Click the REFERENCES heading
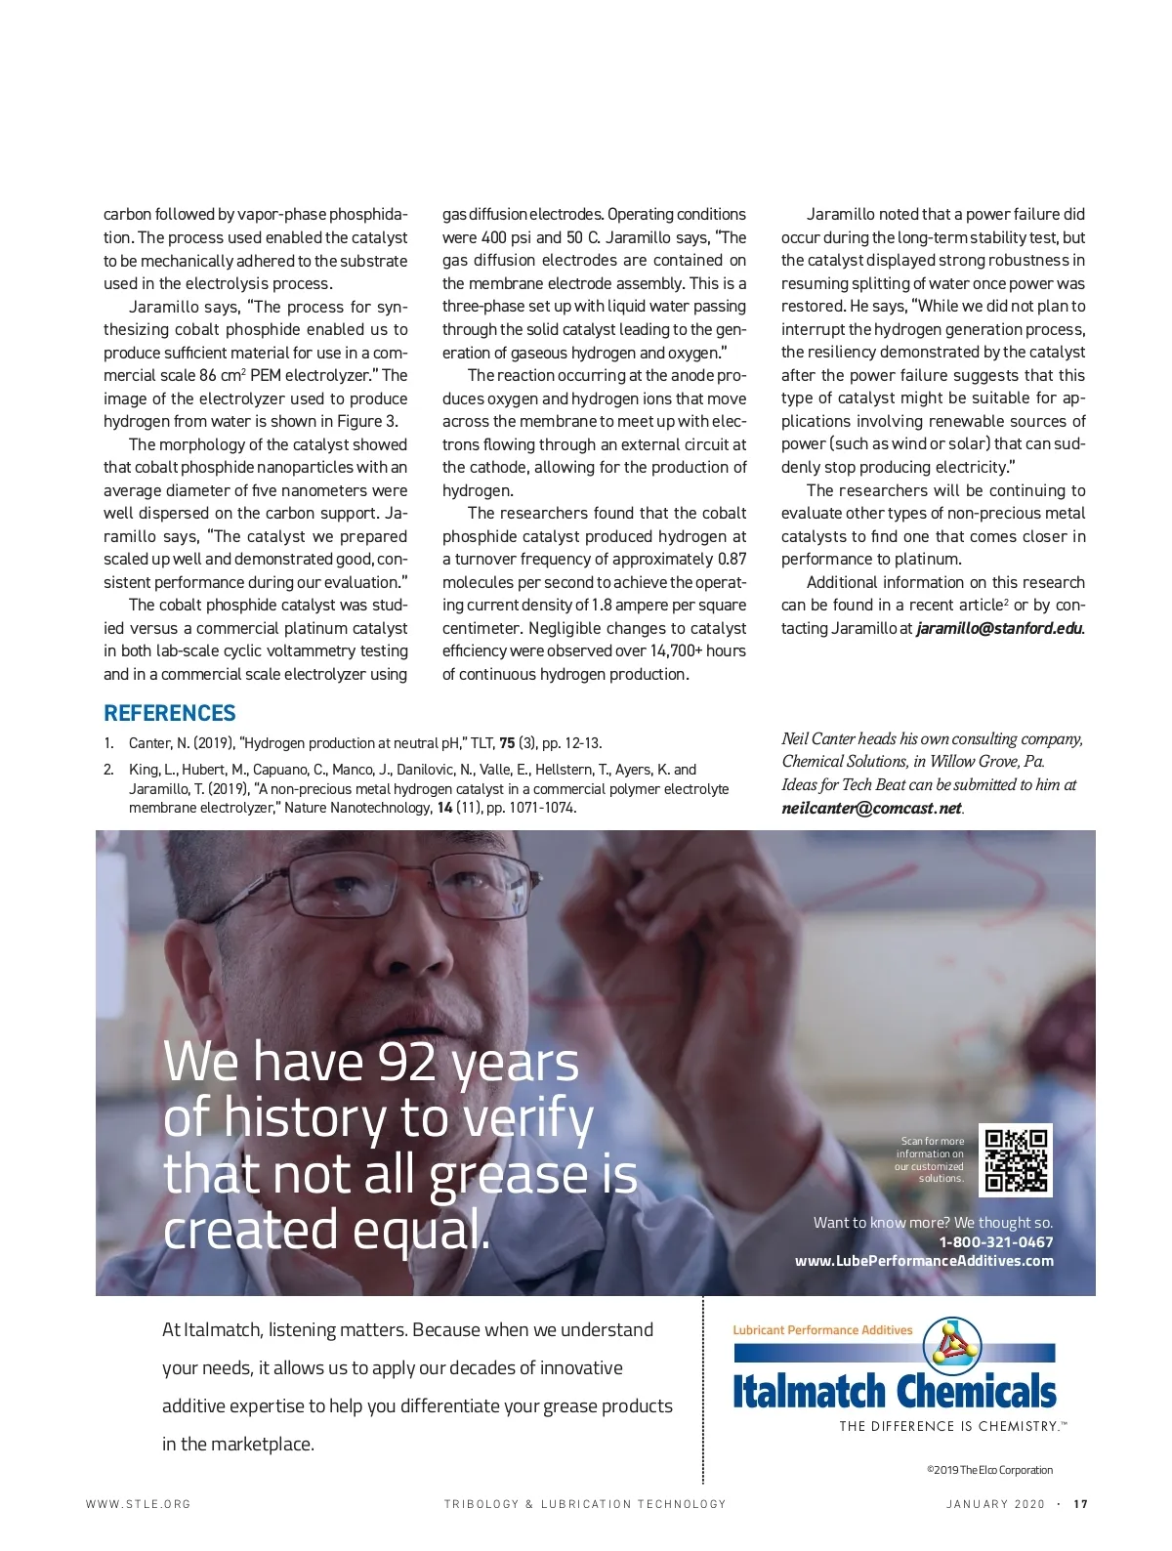pos(170,713)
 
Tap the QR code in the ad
pos(1016,1159)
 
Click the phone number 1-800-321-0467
pos(996,1242)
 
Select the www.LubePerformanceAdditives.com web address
pos(924,1261)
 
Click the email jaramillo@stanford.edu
pos(999,628)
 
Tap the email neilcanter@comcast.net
pos(871,808)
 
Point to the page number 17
pos(1080,1504)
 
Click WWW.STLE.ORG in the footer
pos(138,1504)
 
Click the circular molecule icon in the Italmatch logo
pos(951,1346)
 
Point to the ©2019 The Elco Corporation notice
pos(989,1470)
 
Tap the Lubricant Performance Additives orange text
pos(822,1330)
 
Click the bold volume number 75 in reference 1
pos(507,743)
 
